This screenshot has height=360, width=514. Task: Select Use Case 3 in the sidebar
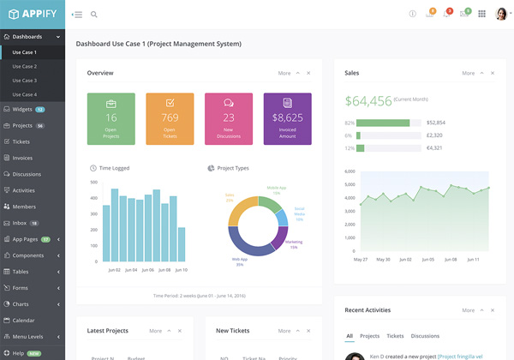(x=24, y=80)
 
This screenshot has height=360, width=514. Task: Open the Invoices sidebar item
(x=22, y=158)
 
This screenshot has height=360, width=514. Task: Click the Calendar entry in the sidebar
(x=23, y=320)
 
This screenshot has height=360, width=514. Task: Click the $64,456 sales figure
(x=368, y=101)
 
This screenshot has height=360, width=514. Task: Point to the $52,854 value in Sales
(x=435, y=123)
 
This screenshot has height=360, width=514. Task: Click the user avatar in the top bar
(x=501, y=14)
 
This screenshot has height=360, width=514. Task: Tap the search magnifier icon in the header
(x=93, y=14)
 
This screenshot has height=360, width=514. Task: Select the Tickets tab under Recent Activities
(x=395, y=336)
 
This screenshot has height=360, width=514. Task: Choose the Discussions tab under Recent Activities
(x=425, y=336)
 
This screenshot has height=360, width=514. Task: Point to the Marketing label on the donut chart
(x=294, y=243)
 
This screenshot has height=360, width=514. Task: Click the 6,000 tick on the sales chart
(x=349, y=171)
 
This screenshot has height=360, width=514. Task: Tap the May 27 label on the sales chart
(x=361, y=259)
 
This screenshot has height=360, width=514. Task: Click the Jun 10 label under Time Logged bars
(x=181, y=269)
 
